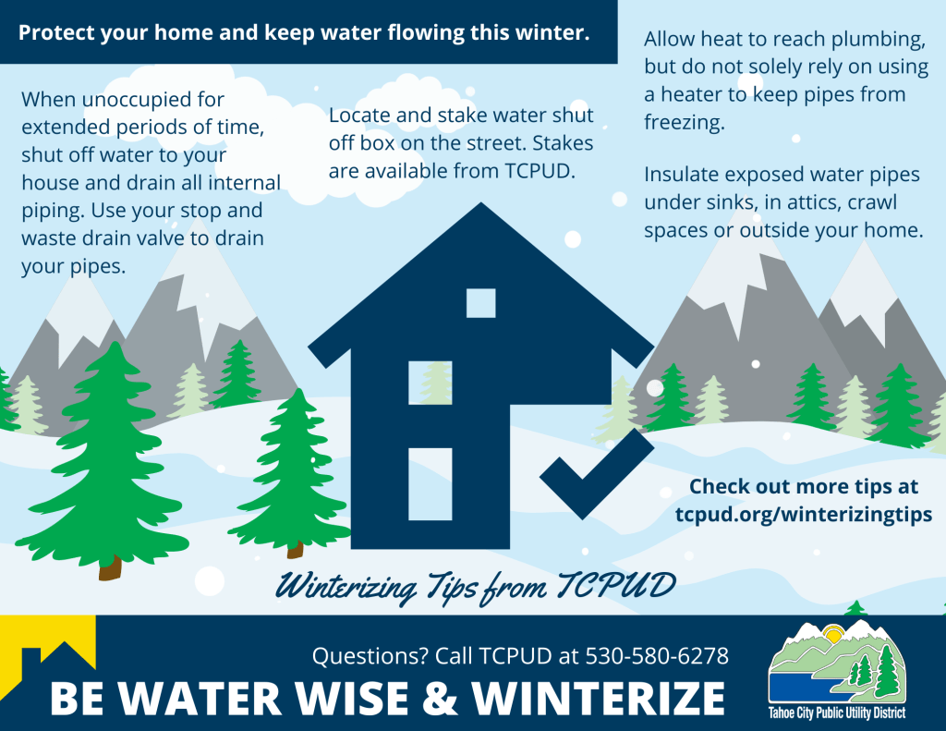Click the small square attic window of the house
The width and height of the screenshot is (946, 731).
pos(480,303)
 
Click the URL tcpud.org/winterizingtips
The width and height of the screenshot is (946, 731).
pos(803,514)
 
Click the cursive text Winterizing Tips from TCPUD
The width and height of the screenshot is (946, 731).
pos(476,585)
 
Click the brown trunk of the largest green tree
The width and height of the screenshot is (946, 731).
pos(110,566)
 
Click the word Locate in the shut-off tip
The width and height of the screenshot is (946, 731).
pos(358,116)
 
